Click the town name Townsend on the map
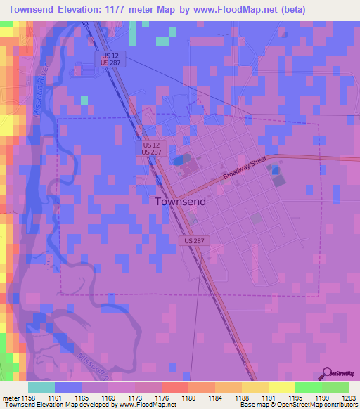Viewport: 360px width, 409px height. click(x=180, y=201)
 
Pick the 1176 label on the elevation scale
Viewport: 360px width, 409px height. click(x=162, y=397)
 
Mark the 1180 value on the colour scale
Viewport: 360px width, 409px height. click(x=189, y=397)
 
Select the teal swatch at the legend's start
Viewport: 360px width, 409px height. click(x=41, y=387)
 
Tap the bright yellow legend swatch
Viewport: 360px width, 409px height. click(x=281, y=387)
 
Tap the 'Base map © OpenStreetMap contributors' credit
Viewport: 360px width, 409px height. click(x=298, y=405)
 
